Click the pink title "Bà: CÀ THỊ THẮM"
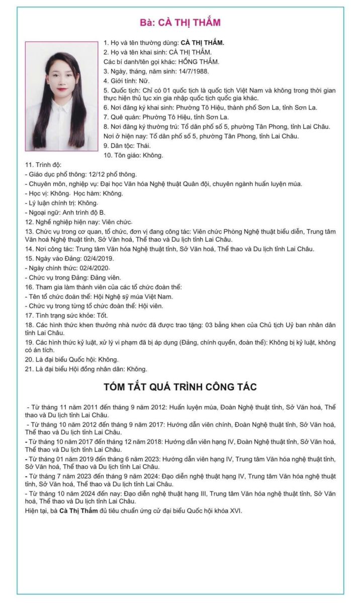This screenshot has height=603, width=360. (179, 23)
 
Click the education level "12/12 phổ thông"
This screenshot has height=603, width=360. (110, 174)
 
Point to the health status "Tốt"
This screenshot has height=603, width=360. (103, 315)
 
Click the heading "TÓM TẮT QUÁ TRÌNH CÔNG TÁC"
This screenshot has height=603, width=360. (180, 387)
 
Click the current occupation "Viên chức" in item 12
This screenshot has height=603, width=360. (117, 222)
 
